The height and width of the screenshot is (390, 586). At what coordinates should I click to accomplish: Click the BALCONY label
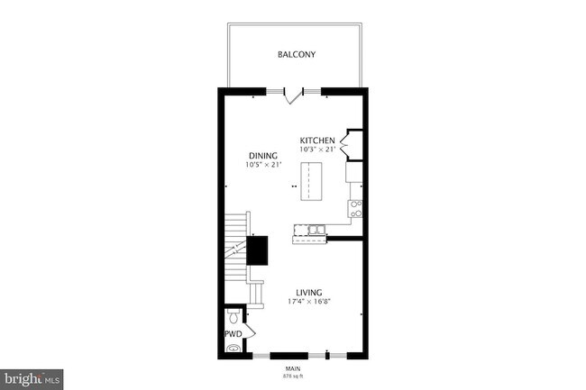pyautogui.click(x=296, y=55)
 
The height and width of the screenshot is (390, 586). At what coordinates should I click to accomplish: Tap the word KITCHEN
pyautogui.click(x=317, y=141)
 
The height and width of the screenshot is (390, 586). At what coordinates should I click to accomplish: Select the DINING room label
pyautogui.click(x=263, y=156)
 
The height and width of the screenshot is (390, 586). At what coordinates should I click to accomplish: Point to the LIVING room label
pyautogui.click(x=309, y=292)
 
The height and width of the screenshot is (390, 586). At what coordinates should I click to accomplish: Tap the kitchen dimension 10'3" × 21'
pyautogui.click(x=317, y=150)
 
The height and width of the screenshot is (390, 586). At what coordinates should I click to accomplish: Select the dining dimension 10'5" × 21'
pyautogui.click(x=263, y=165)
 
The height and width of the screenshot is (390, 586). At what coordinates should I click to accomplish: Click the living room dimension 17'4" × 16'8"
pyautogui.click(x=309, y=302)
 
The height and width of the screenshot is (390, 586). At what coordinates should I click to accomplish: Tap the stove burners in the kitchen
pyautogui.click(x=355, y=209)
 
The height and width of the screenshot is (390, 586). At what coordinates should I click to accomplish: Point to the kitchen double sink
pyautogui.click(x=313, y=233)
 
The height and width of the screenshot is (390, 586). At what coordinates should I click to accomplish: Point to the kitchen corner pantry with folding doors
pyautogui.click(x=351, y=143)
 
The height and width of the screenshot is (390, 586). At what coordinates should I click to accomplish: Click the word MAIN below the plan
pyautogui.click(x=292, y=367)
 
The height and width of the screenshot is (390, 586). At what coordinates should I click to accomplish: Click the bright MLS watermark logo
pyautogui.click(x=32, y=379)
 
